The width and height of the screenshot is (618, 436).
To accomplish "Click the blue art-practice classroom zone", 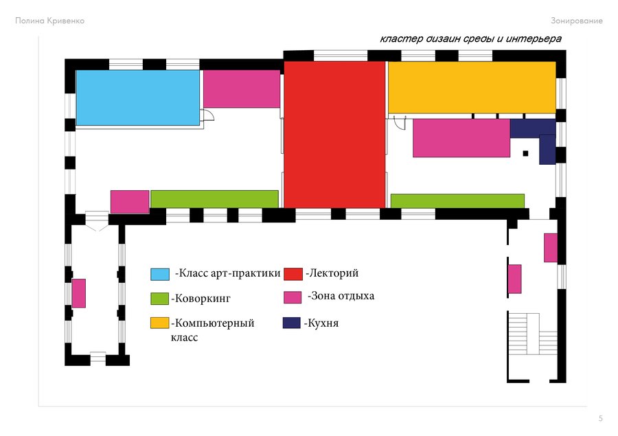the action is [137, 97].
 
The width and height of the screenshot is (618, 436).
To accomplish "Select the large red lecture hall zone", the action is [334, 135].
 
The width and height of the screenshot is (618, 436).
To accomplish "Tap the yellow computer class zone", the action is [472, 87].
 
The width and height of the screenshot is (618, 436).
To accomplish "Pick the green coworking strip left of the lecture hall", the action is [214, 199].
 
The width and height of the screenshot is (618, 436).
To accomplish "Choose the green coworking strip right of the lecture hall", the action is [457, 200].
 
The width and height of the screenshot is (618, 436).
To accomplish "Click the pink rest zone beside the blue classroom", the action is [242, 89].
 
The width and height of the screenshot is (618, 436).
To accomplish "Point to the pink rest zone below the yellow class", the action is [461, 138].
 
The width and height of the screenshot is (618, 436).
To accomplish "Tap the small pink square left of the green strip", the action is [130, 202].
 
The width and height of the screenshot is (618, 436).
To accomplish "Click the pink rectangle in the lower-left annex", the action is [79, 293].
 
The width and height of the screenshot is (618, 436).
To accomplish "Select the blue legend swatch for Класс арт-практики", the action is [159, 274].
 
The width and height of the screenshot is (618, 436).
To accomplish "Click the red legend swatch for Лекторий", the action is [293, 274].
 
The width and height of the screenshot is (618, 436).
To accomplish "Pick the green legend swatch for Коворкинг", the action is [159, 299].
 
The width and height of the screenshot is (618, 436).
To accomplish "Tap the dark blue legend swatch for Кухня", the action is [292, 323].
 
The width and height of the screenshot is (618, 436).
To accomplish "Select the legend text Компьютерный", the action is [214, 323].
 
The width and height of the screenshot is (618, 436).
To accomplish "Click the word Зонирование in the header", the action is [577, 21].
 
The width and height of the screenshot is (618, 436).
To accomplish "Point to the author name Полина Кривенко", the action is [49, 21].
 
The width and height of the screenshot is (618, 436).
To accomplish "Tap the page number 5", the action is [601, 418].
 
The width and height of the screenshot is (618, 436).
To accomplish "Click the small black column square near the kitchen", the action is [525, 153].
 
